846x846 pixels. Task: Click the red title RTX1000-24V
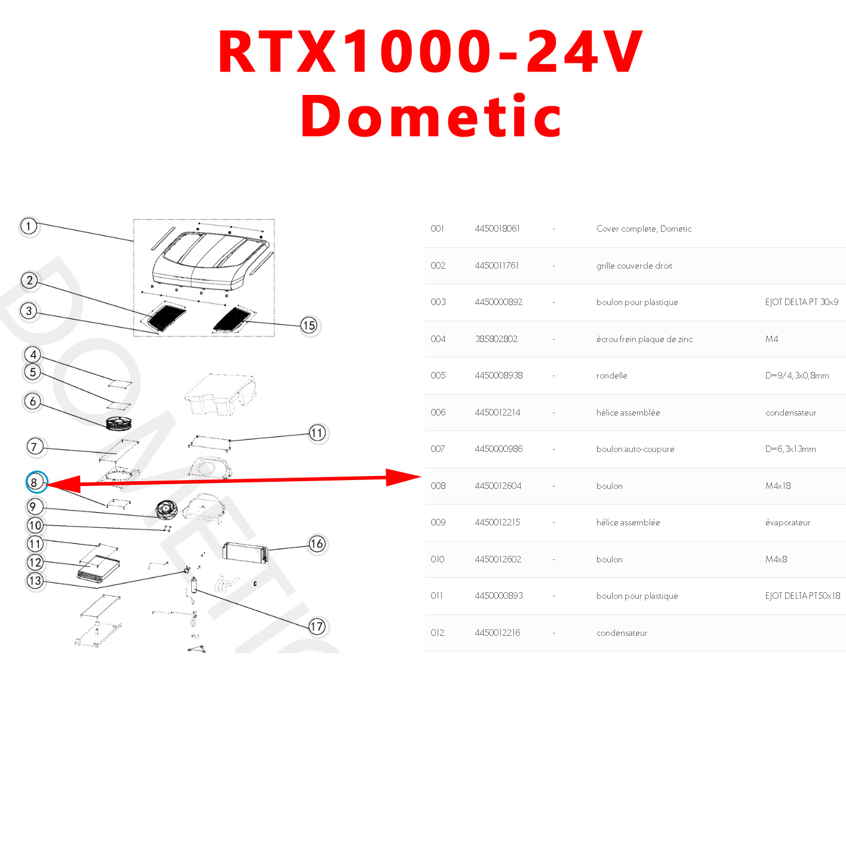(x=430, y=53)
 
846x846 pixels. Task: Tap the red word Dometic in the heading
(x=431, y=116)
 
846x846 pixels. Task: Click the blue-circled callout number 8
(x=35, y=482)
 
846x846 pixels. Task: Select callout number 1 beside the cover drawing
(x=29, y=227)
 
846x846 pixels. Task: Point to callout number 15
(x=309, y=325)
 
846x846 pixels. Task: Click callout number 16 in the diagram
(x=317, y=544)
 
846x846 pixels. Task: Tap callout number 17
(x=316, y=626)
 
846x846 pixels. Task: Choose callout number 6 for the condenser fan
(x=33, y=401)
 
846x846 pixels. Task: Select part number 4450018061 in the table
(x=497, y=229)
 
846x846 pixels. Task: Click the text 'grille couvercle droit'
(x=634, y=266)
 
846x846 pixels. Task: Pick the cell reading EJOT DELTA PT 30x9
(x=801, y=302)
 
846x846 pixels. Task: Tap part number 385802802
(x=496, y=339)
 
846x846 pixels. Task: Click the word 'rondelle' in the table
(x=611, y=376)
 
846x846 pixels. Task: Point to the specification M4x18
(x=777, y=486)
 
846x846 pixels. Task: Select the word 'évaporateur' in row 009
(x=787, y=522)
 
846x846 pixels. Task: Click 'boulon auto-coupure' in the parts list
(x=635, y=449)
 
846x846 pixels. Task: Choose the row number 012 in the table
(x=438, y=633)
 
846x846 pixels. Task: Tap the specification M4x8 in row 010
(x=776, y=559)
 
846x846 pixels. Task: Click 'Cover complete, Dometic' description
(x=644, y=229)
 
